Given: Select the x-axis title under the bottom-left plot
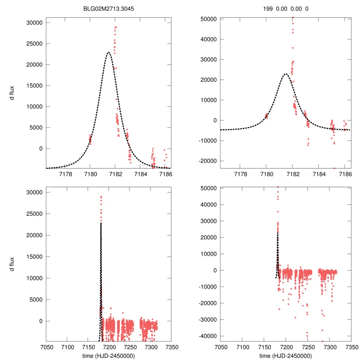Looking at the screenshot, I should pos(109,356).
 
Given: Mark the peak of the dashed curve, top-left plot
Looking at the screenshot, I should pos(109,52).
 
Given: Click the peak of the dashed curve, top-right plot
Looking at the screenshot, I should pos(285,74).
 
